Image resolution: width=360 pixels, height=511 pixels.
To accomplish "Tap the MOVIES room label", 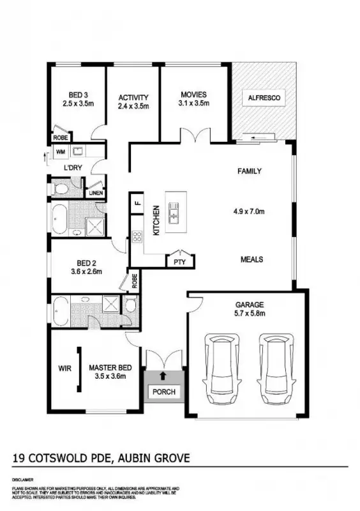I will click(x=193, y=95).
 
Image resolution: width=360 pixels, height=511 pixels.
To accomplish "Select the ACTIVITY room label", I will click(x=133, y=98).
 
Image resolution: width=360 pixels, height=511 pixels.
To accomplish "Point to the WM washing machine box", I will click(x=61, y=151).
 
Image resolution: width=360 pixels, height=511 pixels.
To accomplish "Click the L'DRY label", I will click(x=73, y=167).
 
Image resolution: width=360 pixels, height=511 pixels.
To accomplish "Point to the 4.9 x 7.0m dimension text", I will click(x=250, y=211).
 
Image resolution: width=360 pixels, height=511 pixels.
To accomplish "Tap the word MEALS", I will click(x=251, y=259).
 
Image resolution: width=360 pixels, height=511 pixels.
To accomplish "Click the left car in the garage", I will click(x=220, y=368).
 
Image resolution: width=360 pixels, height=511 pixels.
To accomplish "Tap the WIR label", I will click(x=64, y=368).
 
